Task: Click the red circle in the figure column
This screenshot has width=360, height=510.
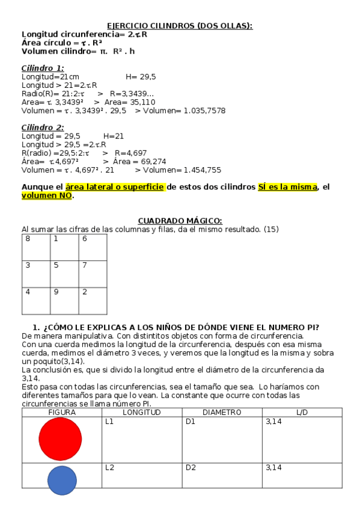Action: tap(60, 439)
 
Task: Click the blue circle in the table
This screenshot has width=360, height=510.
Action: tap(62, 481)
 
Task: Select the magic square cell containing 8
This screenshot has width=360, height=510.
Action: tap(35, 247)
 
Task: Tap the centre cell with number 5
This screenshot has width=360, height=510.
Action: tap(64, 274)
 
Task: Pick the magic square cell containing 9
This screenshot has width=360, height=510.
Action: tap(64, 301)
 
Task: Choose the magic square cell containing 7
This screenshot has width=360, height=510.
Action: tap(93, 274)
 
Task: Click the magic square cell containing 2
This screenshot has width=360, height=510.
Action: tap(93, 301)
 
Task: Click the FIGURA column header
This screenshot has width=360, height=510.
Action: tap(61, 413)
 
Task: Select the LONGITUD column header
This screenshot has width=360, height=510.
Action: tap(142, 413)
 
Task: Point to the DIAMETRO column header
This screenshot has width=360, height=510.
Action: tap(222, 413)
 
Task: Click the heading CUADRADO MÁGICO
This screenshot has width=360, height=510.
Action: tap(180, 221)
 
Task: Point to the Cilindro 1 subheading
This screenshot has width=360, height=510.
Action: tap(43, 68)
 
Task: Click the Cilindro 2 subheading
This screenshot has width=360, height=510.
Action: tap(43, 127)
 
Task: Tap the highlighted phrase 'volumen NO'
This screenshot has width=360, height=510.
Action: tap(47, 195)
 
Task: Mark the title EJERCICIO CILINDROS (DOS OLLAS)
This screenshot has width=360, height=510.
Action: tap(180, 26)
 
